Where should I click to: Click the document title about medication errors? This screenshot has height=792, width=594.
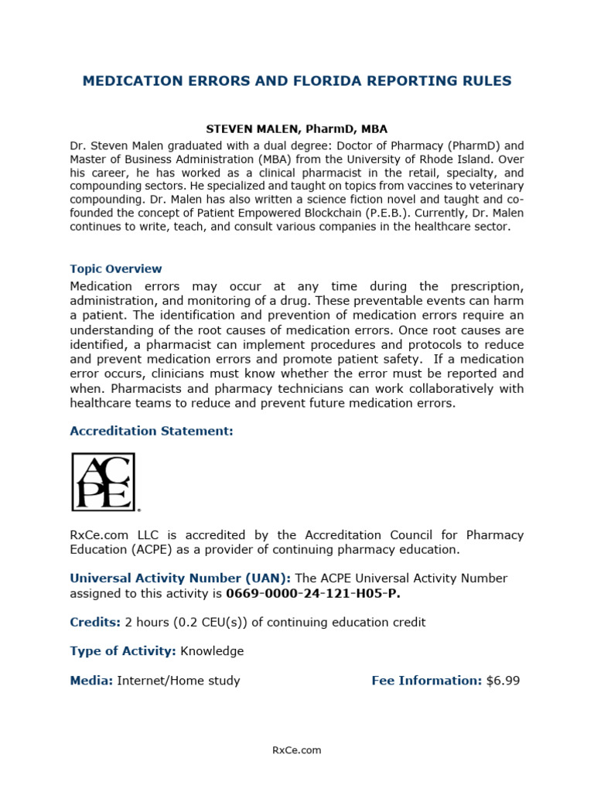297,81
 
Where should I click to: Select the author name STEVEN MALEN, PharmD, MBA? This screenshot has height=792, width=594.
296,129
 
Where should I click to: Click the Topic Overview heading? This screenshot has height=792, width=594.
116,269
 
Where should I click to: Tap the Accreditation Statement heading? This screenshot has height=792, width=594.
152,431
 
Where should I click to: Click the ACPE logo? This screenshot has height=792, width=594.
104,482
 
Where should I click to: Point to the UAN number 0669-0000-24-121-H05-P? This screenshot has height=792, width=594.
313,594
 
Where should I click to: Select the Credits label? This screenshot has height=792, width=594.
95,623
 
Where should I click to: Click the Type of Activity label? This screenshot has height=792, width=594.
123,651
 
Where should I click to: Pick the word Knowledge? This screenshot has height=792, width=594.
212,651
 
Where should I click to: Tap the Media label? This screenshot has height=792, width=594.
91,681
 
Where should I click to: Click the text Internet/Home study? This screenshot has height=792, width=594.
179,681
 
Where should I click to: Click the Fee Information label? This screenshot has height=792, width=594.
427,681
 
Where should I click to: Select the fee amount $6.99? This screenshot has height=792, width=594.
504,681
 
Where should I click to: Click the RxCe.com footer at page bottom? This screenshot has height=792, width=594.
297,750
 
